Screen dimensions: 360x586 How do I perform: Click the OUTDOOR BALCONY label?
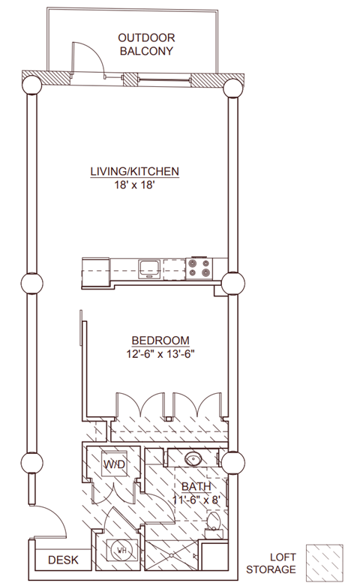146,44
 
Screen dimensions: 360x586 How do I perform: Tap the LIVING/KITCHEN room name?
135,171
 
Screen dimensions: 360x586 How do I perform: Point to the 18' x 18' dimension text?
134,185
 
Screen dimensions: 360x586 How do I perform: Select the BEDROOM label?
160,341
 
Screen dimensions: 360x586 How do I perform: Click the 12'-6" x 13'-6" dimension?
161,353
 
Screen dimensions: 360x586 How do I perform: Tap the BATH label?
196,487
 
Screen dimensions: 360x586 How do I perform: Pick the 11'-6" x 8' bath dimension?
196,500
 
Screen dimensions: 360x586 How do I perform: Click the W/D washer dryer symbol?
114,464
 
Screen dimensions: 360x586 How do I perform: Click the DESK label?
64,560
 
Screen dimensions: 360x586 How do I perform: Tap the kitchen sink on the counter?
149,269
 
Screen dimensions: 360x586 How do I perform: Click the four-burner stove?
199,268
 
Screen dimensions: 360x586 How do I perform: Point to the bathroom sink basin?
193,457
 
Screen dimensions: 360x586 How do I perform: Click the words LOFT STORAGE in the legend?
271,563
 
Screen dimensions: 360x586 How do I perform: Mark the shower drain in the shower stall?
172,555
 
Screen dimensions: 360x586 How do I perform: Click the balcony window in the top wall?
164,79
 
